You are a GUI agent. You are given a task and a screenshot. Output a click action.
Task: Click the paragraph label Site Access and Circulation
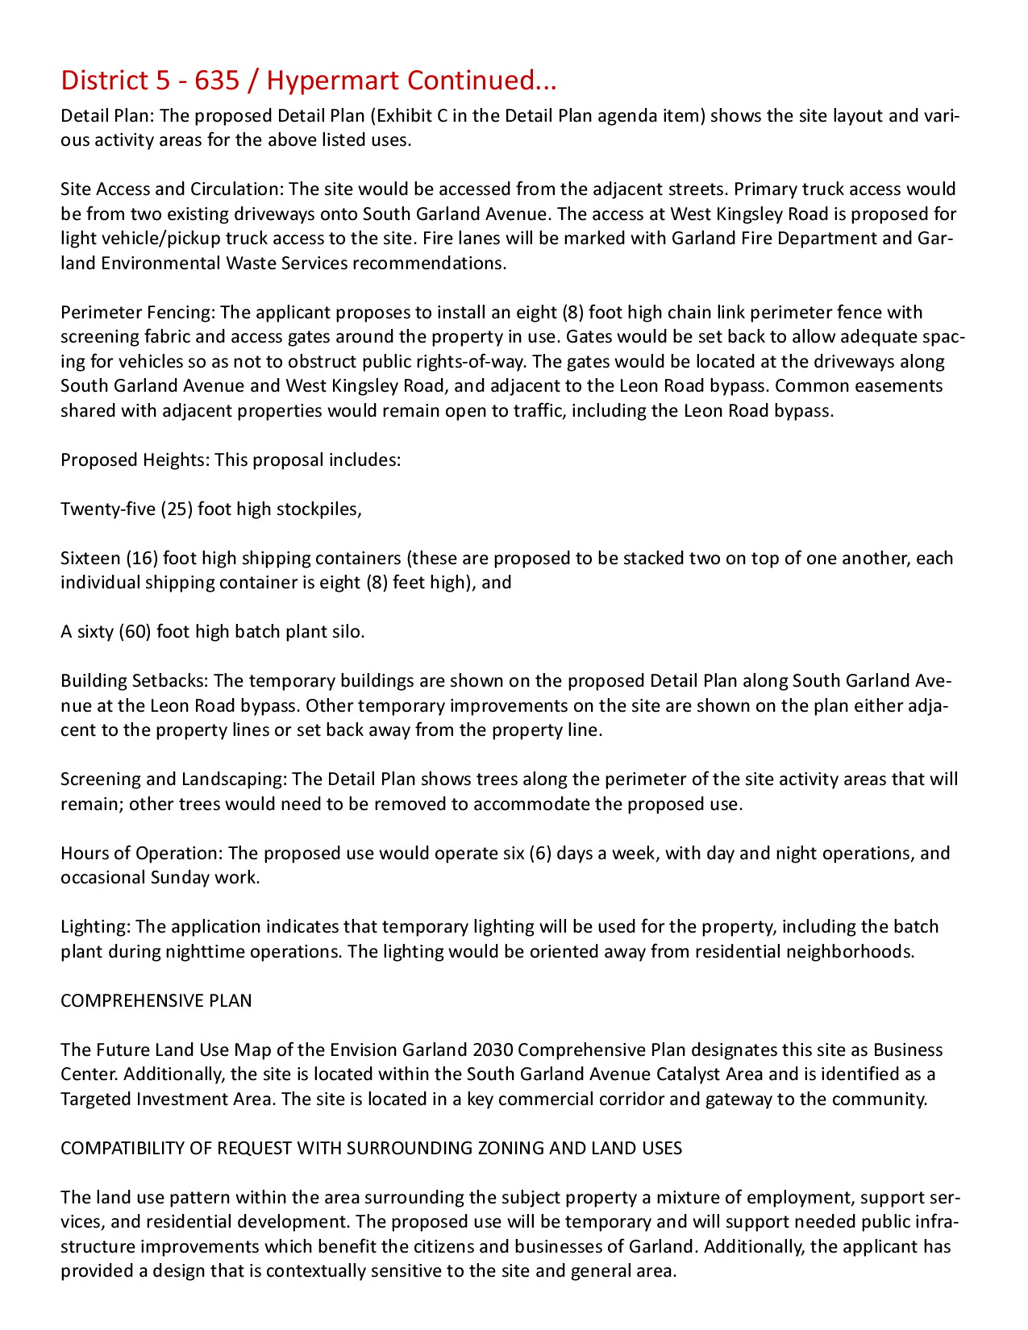click(171, 189)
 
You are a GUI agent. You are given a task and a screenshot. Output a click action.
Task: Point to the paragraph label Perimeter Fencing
click(138, 313)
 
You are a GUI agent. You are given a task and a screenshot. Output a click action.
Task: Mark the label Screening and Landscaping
click(173, 779)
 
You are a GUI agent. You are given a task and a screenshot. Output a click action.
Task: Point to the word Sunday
click(180, 878)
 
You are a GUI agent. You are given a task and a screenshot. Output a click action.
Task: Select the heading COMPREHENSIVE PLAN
click(156, 1001)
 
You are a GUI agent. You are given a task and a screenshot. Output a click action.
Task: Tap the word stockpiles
click(318, 509)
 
